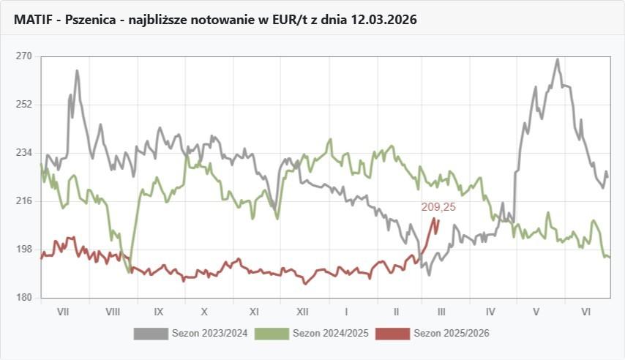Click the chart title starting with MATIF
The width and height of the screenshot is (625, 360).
pos(214,20)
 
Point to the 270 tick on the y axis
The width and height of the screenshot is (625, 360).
pos(24,56)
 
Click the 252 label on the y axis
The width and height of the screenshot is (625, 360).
pos(24,105)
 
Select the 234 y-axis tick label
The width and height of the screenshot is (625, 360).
pos(24,153)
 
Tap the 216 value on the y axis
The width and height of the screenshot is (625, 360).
pos(24,201)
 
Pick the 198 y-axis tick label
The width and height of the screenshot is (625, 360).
pos(24,250)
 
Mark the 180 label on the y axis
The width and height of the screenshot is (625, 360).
pos(24,298)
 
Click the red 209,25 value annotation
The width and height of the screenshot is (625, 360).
pos(438,207)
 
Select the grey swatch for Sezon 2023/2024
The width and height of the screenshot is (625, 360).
pos(151,334)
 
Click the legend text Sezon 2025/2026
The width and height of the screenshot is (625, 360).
pos(451,334)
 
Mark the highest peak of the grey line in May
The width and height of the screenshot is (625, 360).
pos(557,60)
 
